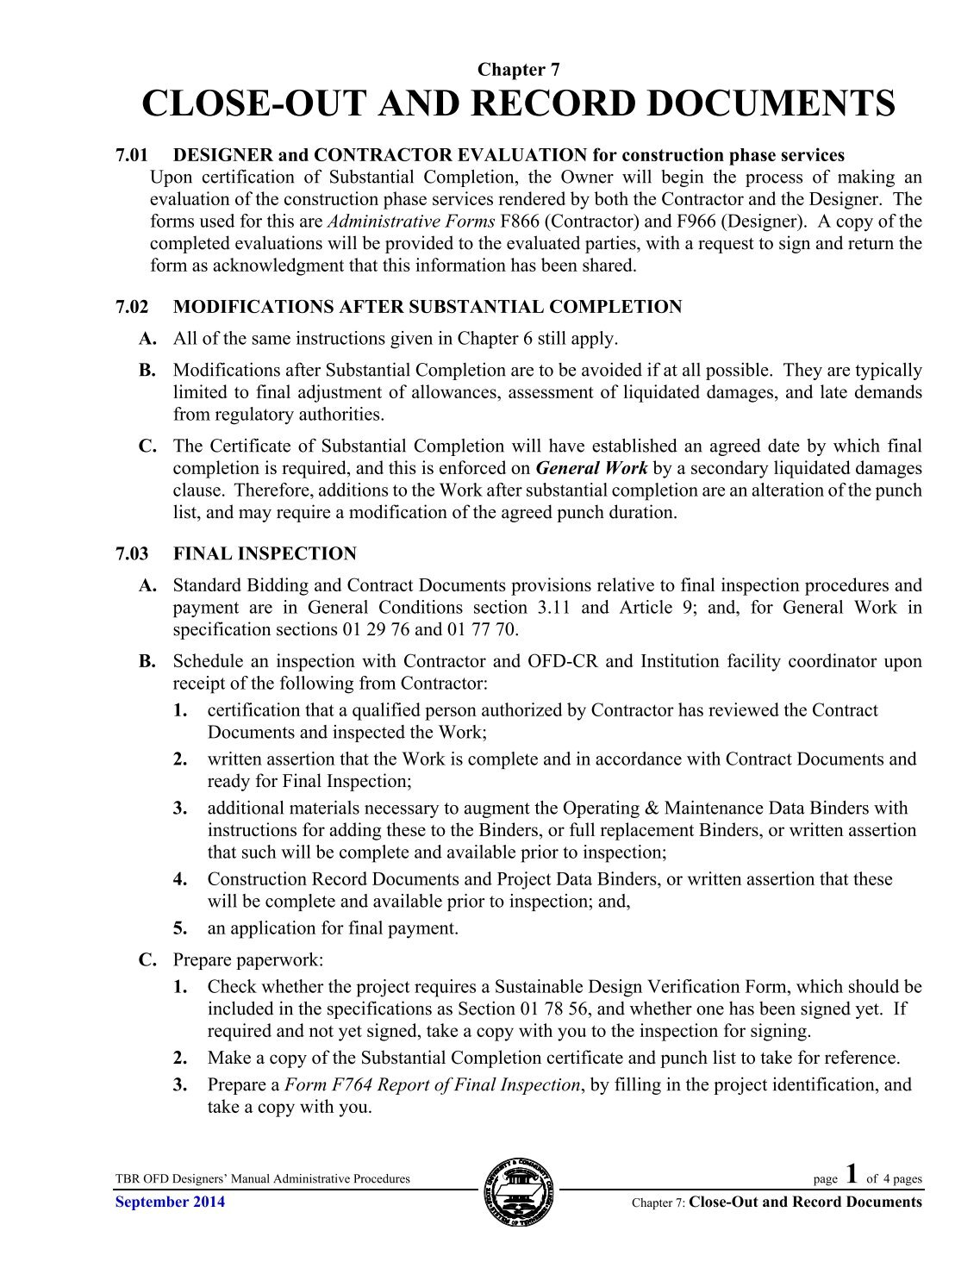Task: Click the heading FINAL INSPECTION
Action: tap(265, 553)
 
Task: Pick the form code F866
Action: tap(520, 222)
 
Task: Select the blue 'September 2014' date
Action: tap(170, 1202)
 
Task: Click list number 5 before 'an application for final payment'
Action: tap(179, 928)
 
